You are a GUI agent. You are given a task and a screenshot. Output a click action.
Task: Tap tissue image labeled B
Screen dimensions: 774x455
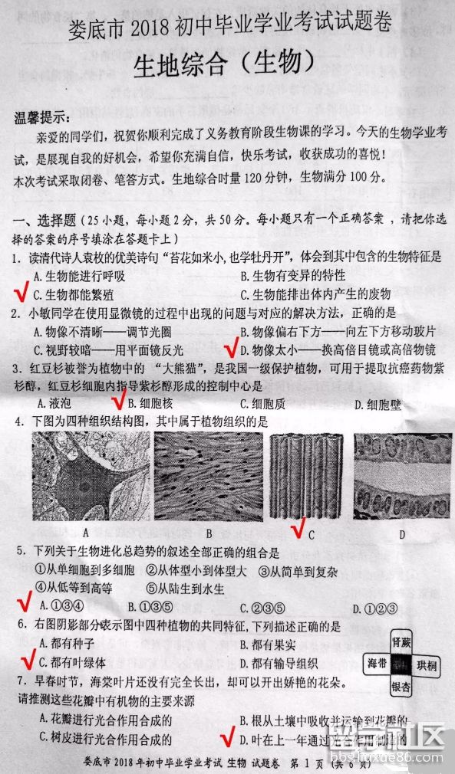(207, 476)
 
